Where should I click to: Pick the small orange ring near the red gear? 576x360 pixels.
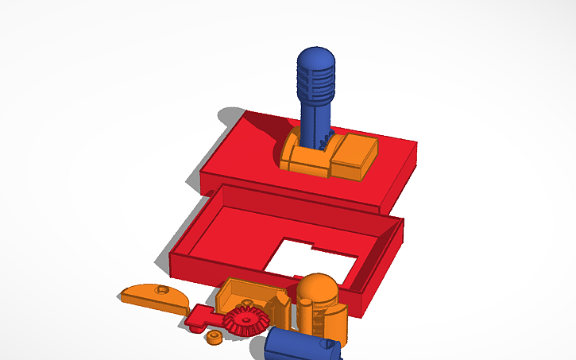pyautogui.click(x=213, y=337)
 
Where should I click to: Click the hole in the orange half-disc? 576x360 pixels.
pyautogui.click(x=163, y=291)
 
